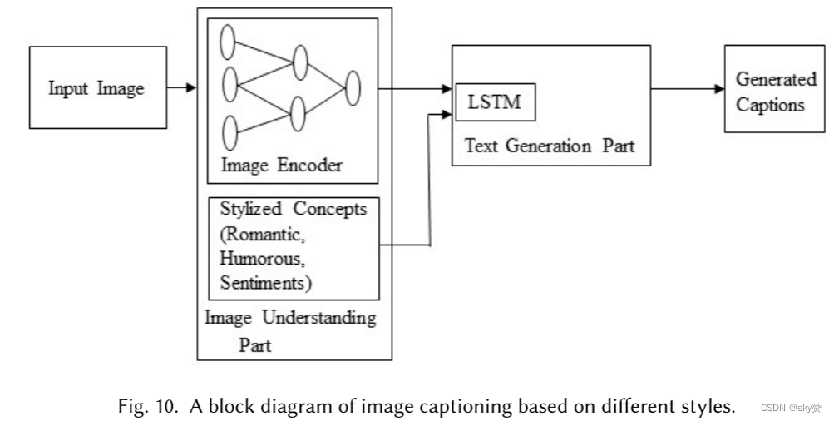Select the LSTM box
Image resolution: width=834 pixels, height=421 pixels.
pyautogui.click(x=495, y=102)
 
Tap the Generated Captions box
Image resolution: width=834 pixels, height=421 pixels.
pyautogui.click(x=776, y=92)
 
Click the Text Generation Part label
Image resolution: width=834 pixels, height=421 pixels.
pyautogui.click(x=549, y=146)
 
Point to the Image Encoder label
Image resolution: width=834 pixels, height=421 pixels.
pyautogui.click(x=281, y=165)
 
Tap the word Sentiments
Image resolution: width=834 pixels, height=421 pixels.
pyautogui.click(x=264, y=283)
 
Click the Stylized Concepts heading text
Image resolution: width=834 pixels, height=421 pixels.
pyautogui.click(x=293, y=209)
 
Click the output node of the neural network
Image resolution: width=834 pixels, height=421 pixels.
pyautogui.click(x=353, y=87)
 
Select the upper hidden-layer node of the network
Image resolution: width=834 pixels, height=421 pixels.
pyautogui.click(x=300, y=62)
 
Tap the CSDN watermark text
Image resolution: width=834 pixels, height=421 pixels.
pyautogui.click(x=790, y=409)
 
